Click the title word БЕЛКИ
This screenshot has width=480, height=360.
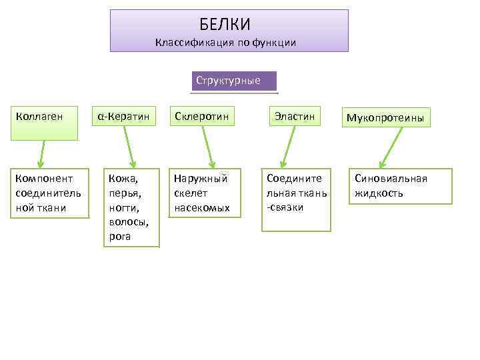click(x=225, y=25)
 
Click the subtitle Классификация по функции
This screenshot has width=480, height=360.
click(x=225, y=43)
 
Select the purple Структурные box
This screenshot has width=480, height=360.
click(x=233, y=81)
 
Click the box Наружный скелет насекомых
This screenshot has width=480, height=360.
click(x=202, y=193)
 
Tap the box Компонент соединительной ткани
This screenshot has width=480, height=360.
click(x=47, y=193)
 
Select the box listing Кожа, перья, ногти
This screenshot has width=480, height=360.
click(x=130, y=207)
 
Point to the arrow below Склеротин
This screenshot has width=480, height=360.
click(x=207, y=147)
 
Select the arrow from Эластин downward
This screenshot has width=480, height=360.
click(x=289, y=147)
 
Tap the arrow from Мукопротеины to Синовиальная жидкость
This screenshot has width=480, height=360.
click(x=393, y=147)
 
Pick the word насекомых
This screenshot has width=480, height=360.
click(x=202, y=207)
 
